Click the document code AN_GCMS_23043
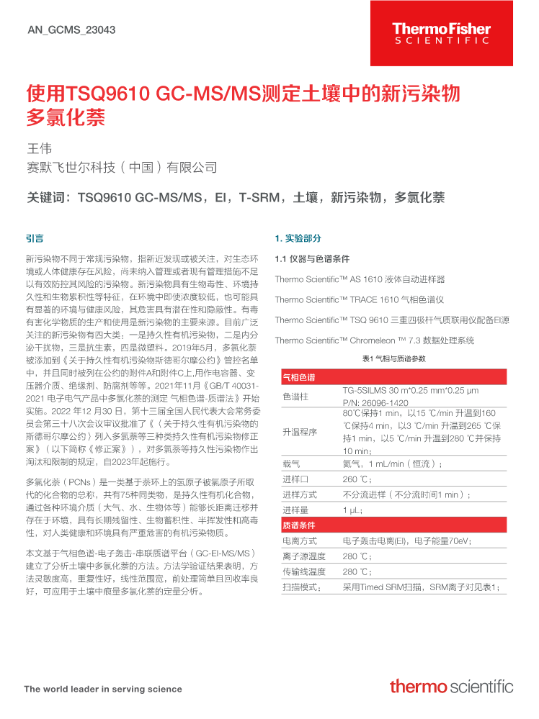[71, 30]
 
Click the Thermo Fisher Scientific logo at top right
[441, 33]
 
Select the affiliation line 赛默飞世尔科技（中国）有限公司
[121, 168]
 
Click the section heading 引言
[35, 238]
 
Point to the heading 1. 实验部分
[298, 238]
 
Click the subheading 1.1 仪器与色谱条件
[312, 258]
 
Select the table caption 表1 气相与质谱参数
[393, 358]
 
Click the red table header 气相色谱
[298, 377]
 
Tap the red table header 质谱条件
[298, 525]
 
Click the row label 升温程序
[299, 432]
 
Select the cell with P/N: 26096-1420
[375, 402]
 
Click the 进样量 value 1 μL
[352, 510]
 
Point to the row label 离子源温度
[303, 556]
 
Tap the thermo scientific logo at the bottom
[451, 686]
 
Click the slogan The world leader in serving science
[103, 689]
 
